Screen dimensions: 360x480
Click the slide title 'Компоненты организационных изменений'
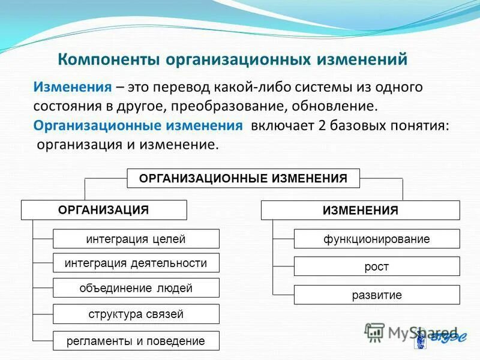coord(232,60)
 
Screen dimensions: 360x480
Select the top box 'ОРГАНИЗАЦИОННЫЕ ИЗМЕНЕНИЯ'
coord(243,179)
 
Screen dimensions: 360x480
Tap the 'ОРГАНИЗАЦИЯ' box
coord(104,210)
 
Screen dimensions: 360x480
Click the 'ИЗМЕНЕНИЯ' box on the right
coord(360,211)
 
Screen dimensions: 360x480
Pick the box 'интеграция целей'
coord(136,239)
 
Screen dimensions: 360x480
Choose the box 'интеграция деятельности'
coord(136,263)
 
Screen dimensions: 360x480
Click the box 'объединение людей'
coord(136,288)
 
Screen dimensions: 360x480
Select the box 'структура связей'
coord(136,314)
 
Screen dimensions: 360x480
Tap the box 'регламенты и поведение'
coord(136,341)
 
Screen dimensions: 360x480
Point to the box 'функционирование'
coord(376,239)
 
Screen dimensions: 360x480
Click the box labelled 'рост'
coord(376,266)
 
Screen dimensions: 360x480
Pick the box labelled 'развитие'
coord(376,295)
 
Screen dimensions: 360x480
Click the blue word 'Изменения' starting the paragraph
coord(73,87)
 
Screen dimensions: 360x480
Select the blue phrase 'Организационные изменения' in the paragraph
coord(138,126)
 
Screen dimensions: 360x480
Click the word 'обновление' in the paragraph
coord(341,106)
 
